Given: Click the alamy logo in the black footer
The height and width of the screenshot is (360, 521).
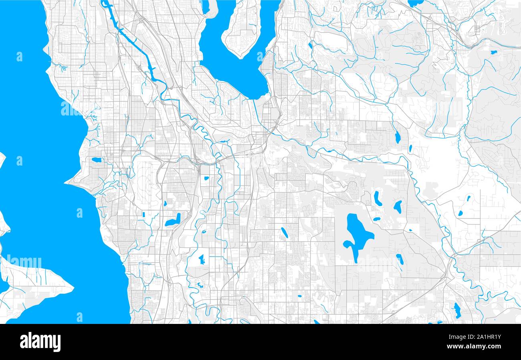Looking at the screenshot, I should [x=40, y=342].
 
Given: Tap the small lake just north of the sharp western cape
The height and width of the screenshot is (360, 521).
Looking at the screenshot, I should [x=96, y=160].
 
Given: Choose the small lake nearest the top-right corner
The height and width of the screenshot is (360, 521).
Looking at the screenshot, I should [x=493, y=52].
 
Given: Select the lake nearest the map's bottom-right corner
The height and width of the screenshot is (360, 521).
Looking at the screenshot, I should [x=456, y=310].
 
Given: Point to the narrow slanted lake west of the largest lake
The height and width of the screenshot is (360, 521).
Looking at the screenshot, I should [x=284, y=232].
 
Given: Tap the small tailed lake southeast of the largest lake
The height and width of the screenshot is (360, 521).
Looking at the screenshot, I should [x=400, y=259].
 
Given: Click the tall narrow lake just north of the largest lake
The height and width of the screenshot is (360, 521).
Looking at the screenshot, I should [x=377, y=198].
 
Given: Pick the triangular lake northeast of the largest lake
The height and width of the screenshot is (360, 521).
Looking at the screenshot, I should [x=398, y=206].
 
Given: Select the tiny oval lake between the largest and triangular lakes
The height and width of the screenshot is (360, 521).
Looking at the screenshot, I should [x=377, y=219].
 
